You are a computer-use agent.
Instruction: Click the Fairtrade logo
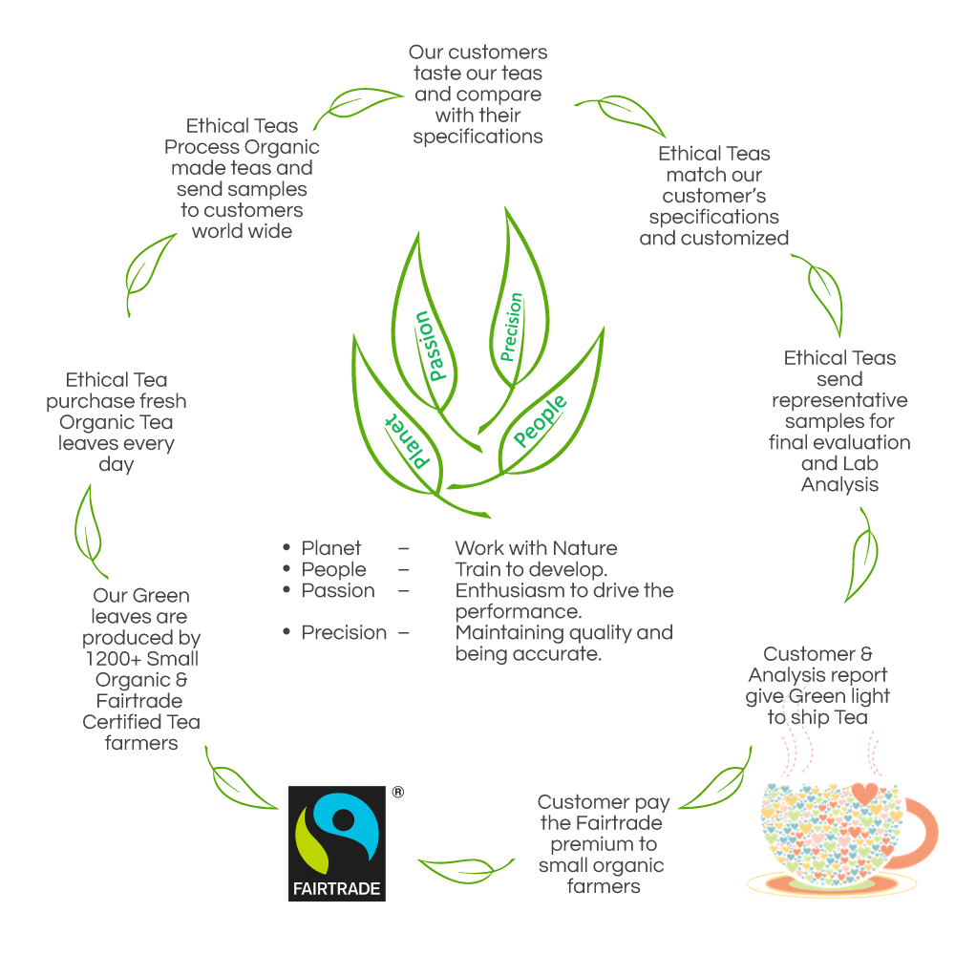click(x=337, y=843)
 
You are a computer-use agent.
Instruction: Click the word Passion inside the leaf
click(x=431, y=345)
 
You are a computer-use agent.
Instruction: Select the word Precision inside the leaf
click(x=512, y=327)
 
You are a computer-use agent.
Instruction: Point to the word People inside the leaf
click(x=540, y=419)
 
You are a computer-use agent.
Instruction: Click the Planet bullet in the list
click(x=331, y=548)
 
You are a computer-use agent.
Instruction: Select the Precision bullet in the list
click(x=345, y=632)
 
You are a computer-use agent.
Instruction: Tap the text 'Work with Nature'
click(x=536, y=548)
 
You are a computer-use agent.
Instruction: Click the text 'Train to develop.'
click(x=531, y=569)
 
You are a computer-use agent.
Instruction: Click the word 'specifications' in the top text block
click(x=477, y=136)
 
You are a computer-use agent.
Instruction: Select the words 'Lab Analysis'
click(x=839, y=475)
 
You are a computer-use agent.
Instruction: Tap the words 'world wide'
click(x=242, y=230)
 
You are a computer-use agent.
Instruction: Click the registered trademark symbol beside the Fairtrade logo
click(x=397, y=792)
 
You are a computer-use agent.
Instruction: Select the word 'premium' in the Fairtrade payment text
click(x=604, y=844)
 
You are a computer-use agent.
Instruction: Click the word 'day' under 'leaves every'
click(x=116, y=465)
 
